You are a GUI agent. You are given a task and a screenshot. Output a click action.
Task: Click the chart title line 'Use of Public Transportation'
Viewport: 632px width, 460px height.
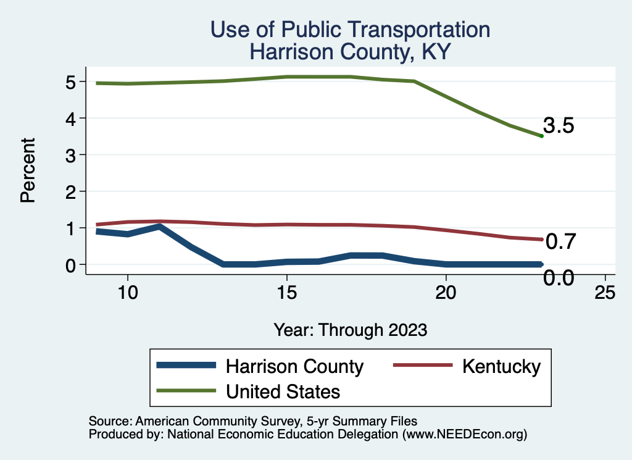coord(350,29)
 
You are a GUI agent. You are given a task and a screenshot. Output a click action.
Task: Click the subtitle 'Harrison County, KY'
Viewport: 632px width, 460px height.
coord(350,52)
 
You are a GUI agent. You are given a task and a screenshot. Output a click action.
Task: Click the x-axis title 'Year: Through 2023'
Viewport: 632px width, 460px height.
coord(351,330)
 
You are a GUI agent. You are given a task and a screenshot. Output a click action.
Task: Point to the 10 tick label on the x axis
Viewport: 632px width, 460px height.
coord(127,293)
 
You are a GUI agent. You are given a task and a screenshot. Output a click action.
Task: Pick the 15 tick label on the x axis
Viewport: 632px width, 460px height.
coord(286,293)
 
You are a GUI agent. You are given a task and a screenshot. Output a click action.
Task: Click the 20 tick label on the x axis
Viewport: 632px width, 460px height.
coord(446,293)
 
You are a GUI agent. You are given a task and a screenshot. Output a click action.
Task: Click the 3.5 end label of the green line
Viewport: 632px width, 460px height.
coord(559,126)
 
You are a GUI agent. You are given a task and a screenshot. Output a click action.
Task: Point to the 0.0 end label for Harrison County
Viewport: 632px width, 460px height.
coord(559,278)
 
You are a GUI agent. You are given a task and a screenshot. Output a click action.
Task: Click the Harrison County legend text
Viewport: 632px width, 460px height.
coord(294,366)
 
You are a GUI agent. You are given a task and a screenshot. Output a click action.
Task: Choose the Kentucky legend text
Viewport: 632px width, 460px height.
coord(501,366)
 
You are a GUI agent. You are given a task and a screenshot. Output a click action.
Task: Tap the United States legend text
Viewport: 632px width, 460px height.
coord(283,391)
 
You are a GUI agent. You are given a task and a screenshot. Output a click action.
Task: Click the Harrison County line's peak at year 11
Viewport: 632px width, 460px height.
coord(160,227)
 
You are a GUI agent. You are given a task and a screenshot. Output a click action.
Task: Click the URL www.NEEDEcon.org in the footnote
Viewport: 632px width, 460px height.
coord(464,434)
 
